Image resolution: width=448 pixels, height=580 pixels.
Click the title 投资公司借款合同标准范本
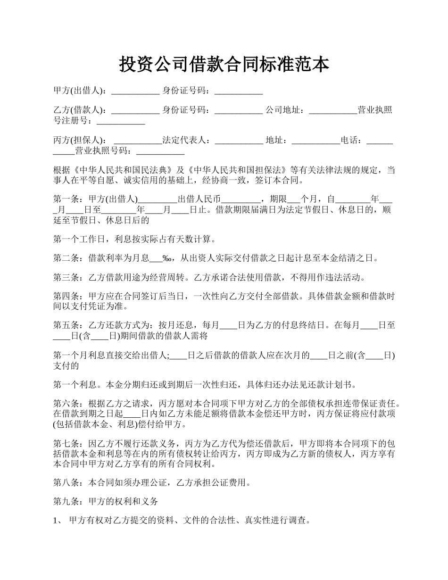(224, 64)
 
